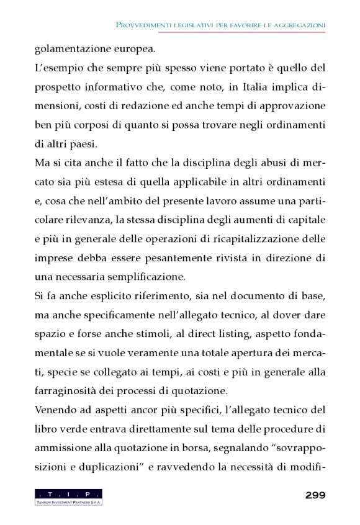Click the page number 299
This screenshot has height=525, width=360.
pos(315,495)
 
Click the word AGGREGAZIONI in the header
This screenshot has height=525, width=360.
pos(299,25)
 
